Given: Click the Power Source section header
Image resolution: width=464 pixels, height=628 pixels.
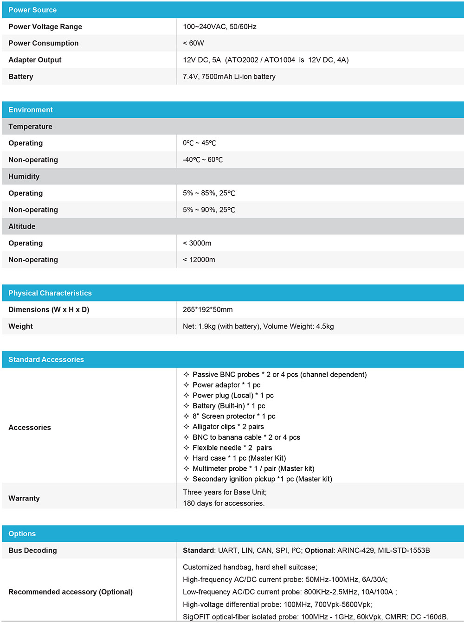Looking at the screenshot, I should (32, 10).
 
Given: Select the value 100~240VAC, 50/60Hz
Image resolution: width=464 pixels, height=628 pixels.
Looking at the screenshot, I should (219, 26).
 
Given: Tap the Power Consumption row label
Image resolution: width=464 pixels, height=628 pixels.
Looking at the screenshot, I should (43, 43).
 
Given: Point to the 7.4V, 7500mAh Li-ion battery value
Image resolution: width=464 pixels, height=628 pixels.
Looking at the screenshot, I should (229, 77).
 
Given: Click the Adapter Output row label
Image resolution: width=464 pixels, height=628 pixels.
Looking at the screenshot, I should (35, 60).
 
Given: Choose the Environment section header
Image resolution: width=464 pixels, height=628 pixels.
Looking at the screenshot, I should (31, 110).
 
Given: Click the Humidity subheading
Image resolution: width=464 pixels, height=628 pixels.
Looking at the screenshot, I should (24, 177).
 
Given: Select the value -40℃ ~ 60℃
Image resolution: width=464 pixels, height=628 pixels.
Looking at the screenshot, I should (203, 160).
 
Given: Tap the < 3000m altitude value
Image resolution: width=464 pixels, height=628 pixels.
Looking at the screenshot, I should (197, 243).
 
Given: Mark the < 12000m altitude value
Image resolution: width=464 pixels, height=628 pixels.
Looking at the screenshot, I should (199, 260).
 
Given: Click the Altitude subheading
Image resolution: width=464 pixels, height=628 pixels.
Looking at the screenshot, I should (22, 226).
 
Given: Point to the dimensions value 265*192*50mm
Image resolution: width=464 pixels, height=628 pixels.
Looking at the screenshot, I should (207, 309).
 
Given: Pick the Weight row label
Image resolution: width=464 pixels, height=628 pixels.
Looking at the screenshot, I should (20, 327).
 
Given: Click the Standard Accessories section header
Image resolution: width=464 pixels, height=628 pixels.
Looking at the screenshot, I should (46, 359).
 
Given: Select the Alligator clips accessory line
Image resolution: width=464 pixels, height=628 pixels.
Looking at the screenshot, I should (228, 427).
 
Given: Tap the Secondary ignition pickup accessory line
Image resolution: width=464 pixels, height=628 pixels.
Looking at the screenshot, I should (262, 479).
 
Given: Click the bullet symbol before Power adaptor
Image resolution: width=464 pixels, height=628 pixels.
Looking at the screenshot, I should (186, 385).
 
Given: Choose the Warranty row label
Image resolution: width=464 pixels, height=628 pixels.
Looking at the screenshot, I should (24, 498).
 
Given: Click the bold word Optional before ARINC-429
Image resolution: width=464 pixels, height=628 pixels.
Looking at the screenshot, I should (319, 551).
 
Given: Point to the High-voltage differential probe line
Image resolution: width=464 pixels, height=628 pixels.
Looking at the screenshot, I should (277, 604).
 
